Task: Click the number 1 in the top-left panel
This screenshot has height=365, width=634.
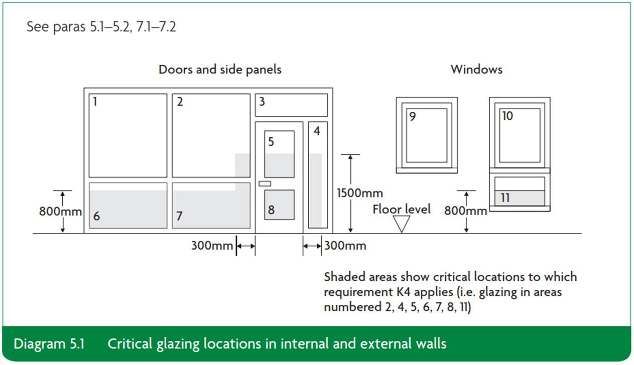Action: tap(95, 102)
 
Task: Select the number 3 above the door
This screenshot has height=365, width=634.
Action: tap(262, 102)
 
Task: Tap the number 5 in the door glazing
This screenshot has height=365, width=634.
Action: tap(271, 142)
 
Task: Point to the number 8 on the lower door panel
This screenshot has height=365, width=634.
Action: tap(271, 210)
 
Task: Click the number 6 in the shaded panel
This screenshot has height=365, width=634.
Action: tap(96, 216)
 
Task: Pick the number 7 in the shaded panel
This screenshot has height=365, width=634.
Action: tap(179, 216)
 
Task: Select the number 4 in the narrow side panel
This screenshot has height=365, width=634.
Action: tap(317, 131)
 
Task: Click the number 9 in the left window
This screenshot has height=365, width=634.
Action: tap(412, 117)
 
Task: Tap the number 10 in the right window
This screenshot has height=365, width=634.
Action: tap(507, 116)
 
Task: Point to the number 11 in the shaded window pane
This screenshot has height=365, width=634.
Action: tap(504, 198)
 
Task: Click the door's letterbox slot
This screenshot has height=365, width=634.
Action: tap(265, 184)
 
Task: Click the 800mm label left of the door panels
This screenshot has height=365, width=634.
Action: tap(60, 212)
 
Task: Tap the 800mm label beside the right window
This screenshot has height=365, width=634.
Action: tap(465, 211)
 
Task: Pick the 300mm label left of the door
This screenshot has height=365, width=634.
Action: tap(212, 246)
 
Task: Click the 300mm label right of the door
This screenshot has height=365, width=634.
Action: tap(345, 246)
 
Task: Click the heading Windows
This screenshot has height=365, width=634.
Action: tap(476, 69)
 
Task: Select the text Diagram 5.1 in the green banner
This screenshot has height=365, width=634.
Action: tap(49, 344)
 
